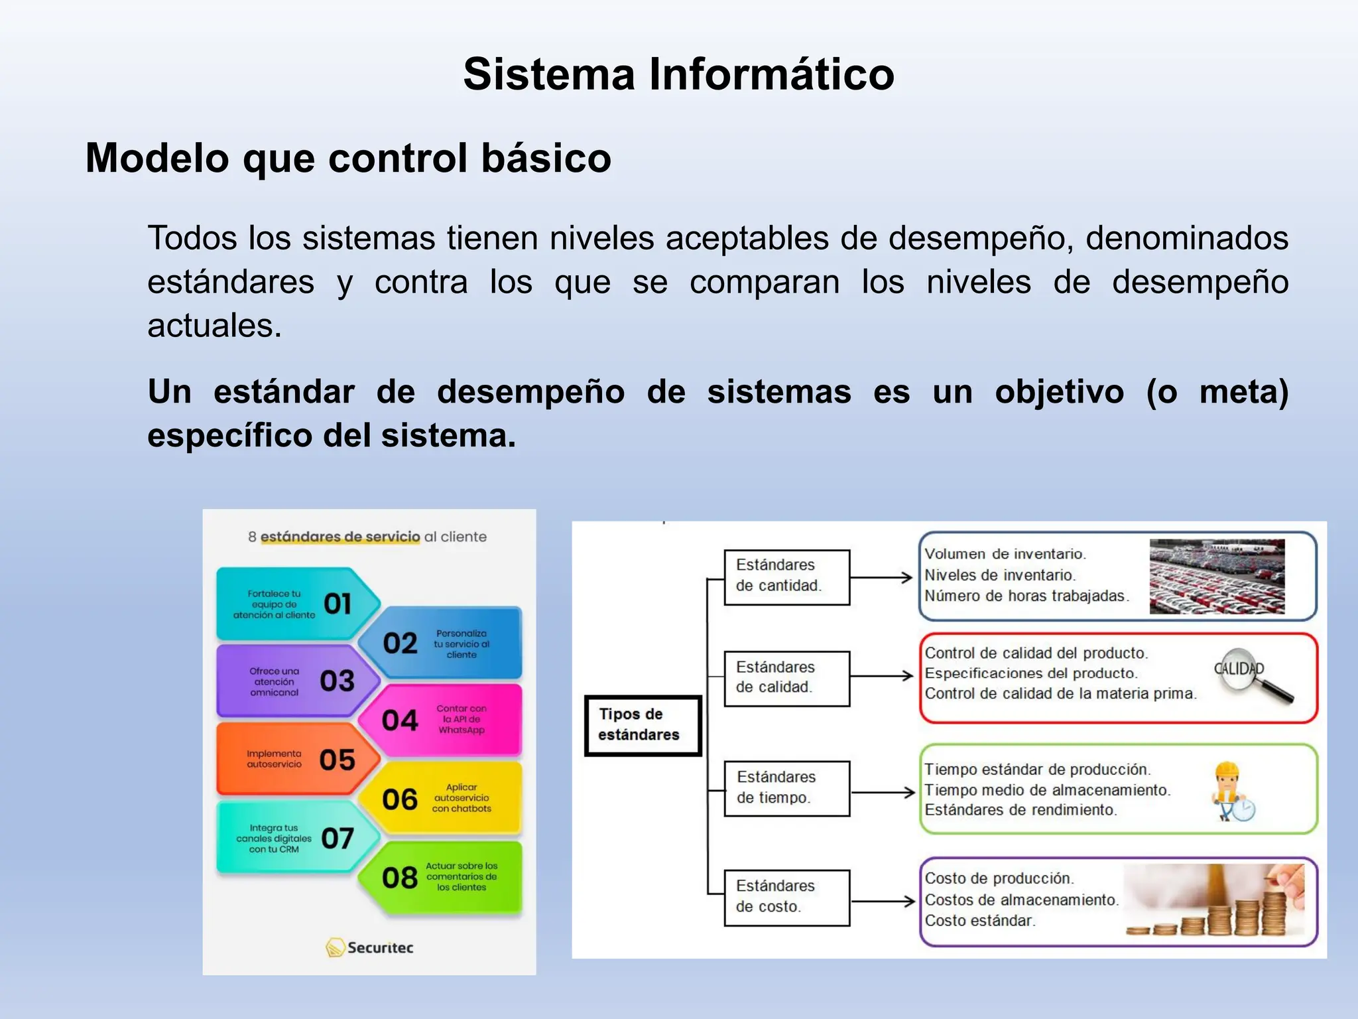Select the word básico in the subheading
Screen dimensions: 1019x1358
click(546, 159)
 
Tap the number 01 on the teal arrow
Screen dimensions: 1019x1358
click(338, 604)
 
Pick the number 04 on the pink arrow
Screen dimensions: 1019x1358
click(400, 720)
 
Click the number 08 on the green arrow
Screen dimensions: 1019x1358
click(400, 878)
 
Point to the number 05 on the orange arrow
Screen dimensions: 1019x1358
click(337, 760)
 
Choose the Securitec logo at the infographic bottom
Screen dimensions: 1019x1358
click(369, 947)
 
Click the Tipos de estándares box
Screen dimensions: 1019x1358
click(642, 725)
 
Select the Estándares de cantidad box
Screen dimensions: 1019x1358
click(786, 577)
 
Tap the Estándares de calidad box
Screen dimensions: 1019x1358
click(786, 677)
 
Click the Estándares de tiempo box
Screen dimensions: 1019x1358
click(786, 787)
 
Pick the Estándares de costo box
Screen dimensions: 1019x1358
click(786, 897)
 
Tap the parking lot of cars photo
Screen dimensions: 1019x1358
click(1216, 577)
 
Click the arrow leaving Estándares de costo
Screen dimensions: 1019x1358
click(883, 901)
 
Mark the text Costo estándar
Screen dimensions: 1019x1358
click(979, 921)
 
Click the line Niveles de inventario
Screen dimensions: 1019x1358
click(999, 575)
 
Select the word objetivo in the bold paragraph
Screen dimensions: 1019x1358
click(1059, 392)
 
